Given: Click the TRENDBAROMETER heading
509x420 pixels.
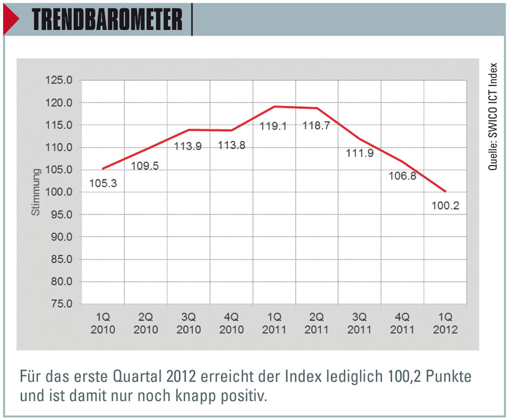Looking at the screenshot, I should pos(107,20).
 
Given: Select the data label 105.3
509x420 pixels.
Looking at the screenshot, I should pos(103,183).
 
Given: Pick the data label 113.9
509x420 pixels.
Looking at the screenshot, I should pos(188,146).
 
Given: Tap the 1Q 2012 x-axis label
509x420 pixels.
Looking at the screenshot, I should pos(446,323).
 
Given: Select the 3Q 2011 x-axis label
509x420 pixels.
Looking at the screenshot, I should pos(360,323).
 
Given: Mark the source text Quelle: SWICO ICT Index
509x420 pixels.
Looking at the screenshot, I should pos(493,117).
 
